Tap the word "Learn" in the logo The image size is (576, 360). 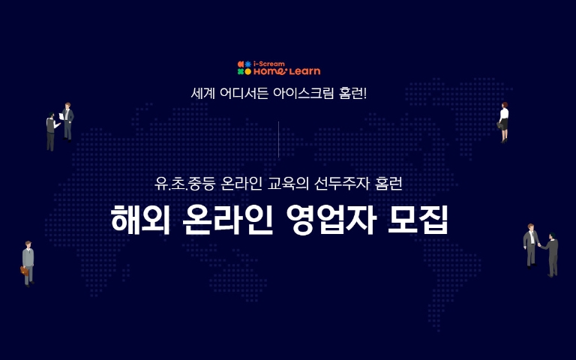click(x=305, y=72)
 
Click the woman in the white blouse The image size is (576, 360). click(x=504, y=121)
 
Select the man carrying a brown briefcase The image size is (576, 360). click(x=28, y=262)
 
